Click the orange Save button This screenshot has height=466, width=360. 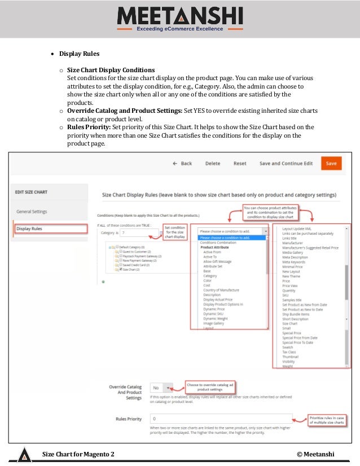331,163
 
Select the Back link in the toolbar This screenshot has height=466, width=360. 183,164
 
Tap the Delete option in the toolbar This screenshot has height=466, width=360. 213,164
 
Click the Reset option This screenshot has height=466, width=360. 240,164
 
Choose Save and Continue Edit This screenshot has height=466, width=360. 286,164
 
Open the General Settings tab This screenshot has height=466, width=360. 32,212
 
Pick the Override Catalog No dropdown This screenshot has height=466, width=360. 161,388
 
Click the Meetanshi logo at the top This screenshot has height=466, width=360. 180,19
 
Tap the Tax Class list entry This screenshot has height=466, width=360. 290,352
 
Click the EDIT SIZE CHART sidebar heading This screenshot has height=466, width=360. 31,192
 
